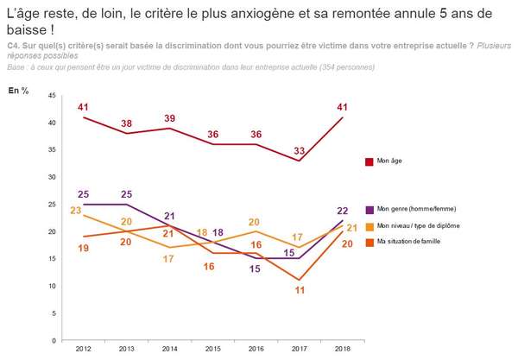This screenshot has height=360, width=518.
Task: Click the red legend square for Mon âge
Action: pos(369,161)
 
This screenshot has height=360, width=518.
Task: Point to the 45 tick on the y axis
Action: pos(52,96)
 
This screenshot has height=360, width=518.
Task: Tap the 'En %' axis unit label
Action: pos(18,90)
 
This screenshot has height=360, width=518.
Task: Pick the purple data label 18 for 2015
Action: pos(218,233)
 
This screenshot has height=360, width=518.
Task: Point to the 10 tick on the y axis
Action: pos(52,286)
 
